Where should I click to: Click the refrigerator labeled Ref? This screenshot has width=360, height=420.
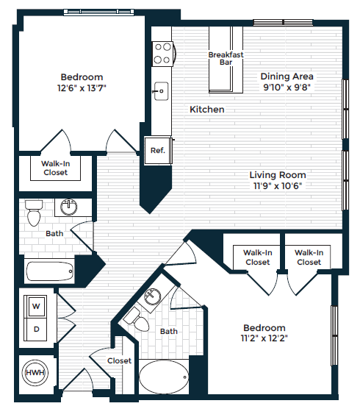click(157, 150)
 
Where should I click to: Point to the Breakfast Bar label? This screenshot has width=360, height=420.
click(226, 59)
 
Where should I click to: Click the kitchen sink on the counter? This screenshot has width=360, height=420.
click(160, 92)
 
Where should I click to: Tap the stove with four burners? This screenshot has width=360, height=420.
click(162, 54)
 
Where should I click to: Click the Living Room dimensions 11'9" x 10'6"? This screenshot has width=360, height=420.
click(277, 185)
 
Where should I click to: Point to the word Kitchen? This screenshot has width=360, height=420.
click(206, 110)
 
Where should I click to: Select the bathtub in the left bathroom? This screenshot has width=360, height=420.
click(50, 271)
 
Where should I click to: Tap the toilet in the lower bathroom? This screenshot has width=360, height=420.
click(133, 318)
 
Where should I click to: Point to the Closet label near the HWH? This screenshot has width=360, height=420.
click(119, 361)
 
